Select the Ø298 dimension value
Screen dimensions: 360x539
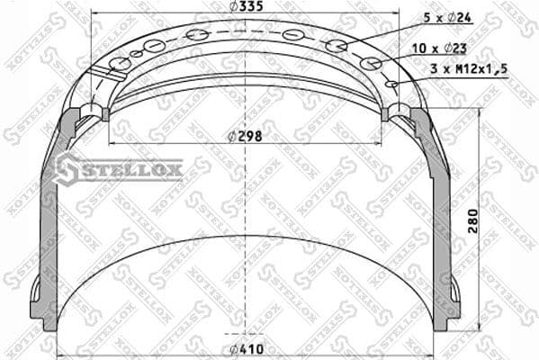[245, 136]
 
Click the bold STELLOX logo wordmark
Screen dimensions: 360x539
[131, 168]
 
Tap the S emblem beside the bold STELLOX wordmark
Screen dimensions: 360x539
[66, 168]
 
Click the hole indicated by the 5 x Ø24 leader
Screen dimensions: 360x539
[337, 46]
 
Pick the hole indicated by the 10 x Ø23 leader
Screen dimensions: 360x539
[371, 64]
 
